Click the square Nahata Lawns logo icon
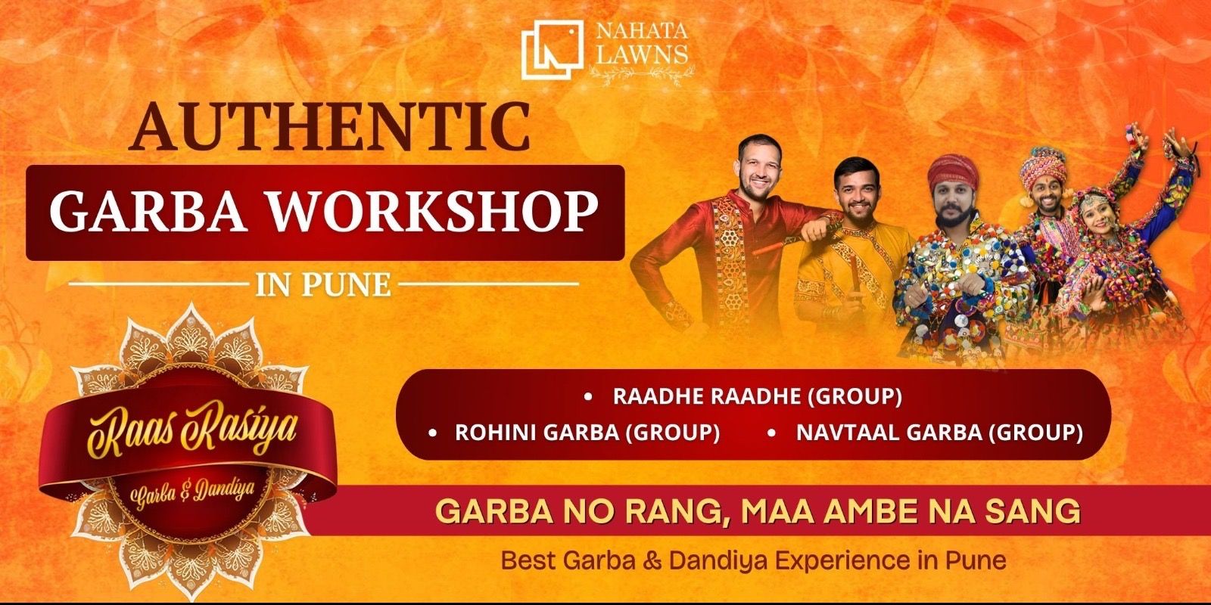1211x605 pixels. tap(552, 48)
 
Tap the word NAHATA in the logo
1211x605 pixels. tap(641, 33)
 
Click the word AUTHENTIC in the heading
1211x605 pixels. tap(330, 126)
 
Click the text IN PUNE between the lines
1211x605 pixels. tap(323, 285)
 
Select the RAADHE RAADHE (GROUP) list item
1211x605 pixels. tap(757, 396)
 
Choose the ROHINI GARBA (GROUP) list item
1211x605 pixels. tap(587, 433)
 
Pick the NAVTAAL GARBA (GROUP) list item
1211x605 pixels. tap(939, 433)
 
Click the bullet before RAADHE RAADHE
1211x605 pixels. tap(588, 396)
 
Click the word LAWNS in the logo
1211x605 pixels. tap(641, 54)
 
